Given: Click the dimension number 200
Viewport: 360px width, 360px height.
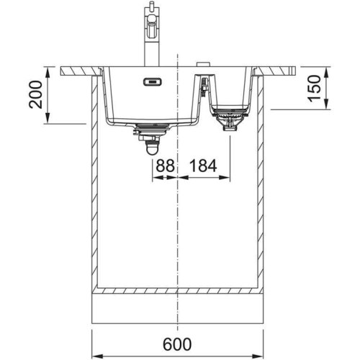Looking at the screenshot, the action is click(x=35, y=95).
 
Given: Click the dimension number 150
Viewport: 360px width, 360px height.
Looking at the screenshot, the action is click(x=315, y=89).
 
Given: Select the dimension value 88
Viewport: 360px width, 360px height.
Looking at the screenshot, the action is click(x=165, y=166).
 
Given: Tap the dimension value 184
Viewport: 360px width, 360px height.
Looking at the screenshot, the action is click(x=203, y=166).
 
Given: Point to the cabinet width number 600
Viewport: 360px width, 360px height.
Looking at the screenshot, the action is click(x=177, y=344).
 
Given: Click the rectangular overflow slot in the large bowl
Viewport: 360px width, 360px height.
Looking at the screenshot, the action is click(x=153, y=82).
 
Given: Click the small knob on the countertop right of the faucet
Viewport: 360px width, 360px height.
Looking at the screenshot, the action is click(x=203, y=64).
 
